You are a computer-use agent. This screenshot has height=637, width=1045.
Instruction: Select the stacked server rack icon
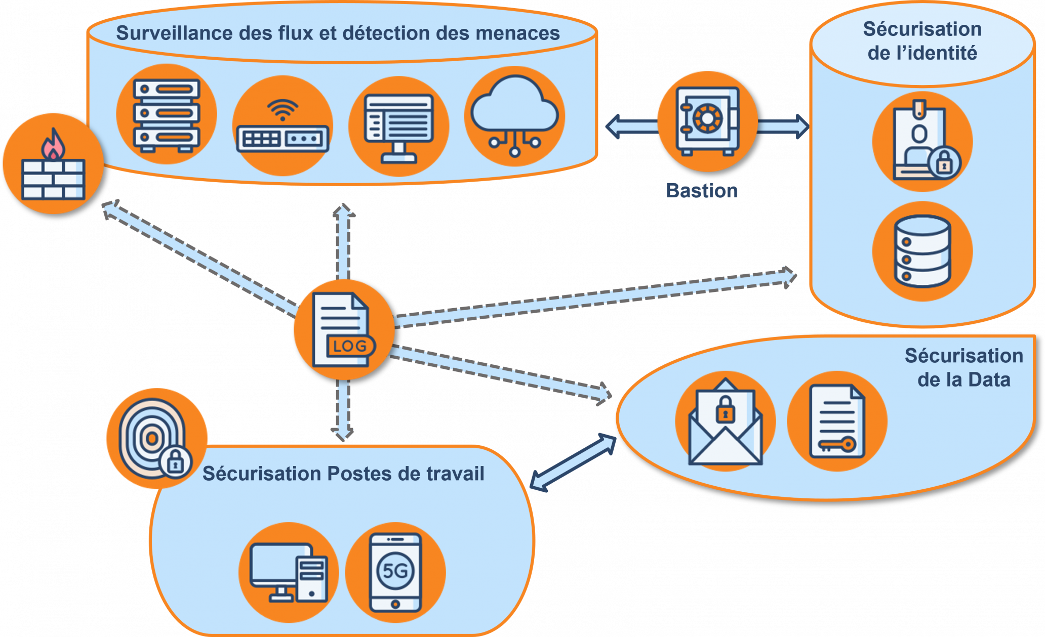tap(166, 114)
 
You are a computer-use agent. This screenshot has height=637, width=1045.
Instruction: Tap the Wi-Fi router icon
tap(283, 126)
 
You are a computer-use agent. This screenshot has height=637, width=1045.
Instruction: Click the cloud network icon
tap(514, 116)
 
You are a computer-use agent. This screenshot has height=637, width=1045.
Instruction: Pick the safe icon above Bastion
tap(707, 121)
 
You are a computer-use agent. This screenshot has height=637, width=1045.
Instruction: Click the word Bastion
tap(702, 191)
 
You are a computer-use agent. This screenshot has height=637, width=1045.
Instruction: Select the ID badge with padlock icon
tap(922, 142)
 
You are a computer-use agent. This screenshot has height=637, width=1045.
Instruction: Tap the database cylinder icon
tap(922, 251)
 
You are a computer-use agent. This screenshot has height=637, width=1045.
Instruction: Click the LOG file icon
tap(344, 329)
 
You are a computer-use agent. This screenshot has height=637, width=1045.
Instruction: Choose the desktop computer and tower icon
tap(289, 572)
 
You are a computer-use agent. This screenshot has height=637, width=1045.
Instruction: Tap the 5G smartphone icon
tap(395, 572)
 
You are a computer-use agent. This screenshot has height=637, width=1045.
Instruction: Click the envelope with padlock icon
tap(725, 421)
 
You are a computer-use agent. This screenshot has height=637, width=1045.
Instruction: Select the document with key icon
tap(837, 421)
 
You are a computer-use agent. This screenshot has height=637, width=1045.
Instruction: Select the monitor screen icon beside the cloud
tap(398, 126)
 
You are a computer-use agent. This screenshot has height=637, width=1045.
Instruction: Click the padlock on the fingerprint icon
tap(175, 461)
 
